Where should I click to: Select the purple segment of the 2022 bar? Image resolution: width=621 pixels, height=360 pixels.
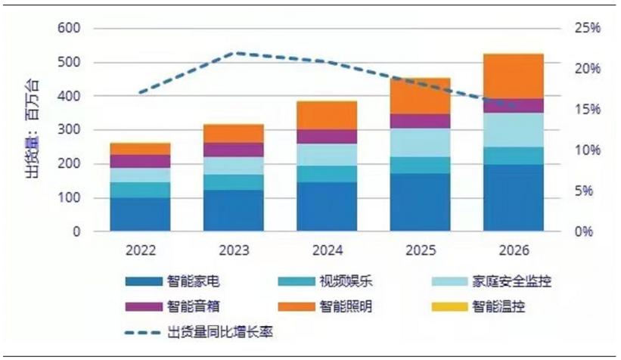tap(140, 161)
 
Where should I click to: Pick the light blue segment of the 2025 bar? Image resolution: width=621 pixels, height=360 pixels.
tap(420, 142)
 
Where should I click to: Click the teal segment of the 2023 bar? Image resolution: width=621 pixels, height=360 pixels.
tap(233, 182)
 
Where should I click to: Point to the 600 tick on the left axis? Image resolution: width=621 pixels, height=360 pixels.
tap(69, 29)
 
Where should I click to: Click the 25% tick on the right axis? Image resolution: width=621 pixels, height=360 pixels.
tap(585, 29)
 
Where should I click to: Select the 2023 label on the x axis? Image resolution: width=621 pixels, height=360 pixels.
tap(233, 250)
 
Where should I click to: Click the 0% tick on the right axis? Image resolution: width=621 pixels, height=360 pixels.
tap(581, 232)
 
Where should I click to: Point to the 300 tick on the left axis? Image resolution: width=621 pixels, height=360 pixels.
tap(69, 131)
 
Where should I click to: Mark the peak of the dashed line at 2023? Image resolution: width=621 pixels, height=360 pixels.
tap(234, 53)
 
